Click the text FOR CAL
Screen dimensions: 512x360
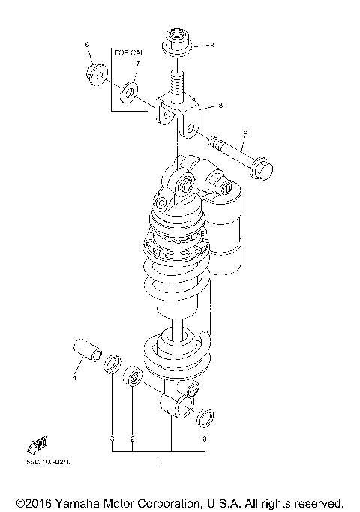(127, 53)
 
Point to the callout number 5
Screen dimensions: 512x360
(212, 45)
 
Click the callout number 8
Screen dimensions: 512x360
(220, 106)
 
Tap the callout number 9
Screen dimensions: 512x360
(244, 133)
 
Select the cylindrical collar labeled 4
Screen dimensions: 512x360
(87, 350)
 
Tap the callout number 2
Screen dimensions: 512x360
(132, 438)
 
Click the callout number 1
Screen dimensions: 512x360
(157, 463)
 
